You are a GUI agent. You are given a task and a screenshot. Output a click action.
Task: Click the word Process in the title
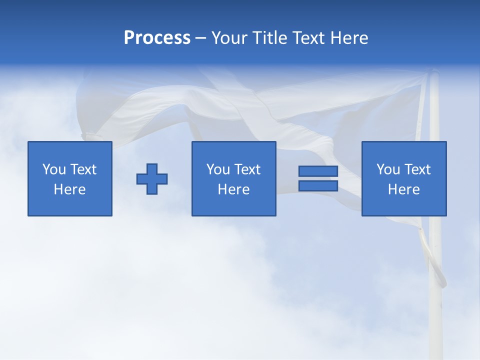[157, 38]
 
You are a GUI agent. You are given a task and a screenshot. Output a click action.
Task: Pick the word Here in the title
[349, 38]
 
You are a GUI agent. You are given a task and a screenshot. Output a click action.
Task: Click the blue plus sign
[152, 179]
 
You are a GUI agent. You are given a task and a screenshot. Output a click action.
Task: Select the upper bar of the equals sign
[318, 171]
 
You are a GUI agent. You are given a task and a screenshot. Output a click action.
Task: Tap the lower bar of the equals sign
[318, 185]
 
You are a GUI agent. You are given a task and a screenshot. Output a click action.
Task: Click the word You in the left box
[54, 169]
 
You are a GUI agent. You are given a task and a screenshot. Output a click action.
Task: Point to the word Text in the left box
[82, 169]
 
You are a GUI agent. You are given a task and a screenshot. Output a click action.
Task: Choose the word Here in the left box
[69, 189]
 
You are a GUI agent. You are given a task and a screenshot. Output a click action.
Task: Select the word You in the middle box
[218, 169]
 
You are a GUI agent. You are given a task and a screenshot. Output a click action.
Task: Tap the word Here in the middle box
[233, 189]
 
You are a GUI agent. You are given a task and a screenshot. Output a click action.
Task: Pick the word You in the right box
[388, 169]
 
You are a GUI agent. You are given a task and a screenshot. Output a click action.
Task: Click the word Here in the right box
[403, 189]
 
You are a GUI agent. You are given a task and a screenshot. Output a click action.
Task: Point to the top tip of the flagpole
[434, 72]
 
